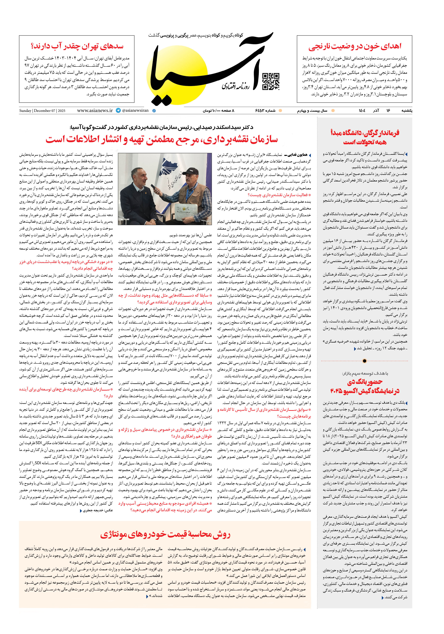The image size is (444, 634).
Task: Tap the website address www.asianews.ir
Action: pyautogui.click(x=95, y=110)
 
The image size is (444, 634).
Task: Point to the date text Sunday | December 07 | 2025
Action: pyautogui.click(x=42, y=111)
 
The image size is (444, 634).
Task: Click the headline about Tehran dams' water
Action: pyautogui.click(x=77, y=46)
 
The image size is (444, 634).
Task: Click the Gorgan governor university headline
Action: pyautogui.click(x=365, y=137)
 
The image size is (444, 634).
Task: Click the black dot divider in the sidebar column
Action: pyautogui.click(x=364, y=361)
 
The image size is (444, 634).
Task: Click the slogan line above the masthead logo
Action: pyautogui.click(x=196, y=35)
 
